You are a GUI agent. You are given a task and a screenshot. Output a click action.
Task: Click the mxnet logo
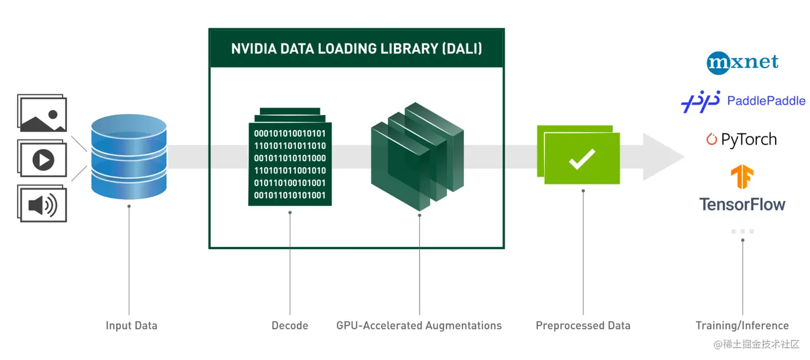pyautogui.click(x=742, y=62)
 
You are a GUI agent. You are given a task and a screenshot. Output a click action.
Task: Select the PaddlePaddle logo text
pyautogui.click(x=766, y=101)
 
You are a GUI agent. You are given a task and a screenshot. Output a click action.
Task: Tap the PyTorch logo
pyautogui.click(x=741, y=139)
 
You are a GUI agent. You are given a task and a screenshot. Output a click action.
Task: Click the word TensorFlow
pyautogui.click(x=742, y=204)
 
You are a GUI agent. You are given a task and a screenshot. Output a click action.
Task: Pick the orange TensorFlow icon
pyautogui.click(x=742, y=177)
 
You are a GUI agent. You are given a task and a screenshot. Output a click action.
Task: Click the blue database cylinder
pyautogui.click(x=129, y=156)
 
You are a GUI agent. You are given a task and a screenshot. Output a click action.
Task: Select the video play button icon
pyautogui.click(x=43, y=160)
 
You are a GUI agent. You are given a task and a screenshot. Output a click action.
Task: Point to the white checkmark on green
pyautogui.click(x=582, y=159)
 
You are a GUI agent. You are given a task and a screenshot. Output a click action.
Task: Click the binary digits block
pyautogui.click(x=290, y=164)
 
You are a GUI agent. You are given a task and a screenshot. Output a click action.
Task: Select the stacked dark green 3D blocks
pyautogui.click(x=417, y=156)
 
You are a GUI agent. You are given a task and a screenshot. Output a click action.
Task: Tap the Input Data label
pyautogui.click(x=131, y=325)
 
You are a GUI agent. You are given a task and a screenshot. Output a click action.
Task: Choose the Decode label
pyautogui.click(x=290, y=325)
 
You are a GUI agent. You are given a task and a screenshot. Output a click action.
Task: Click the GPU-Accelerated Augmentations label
pyautogui.click(x=419, y=325)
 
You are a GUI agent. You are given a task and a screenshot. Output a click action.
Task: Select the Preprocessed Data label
pyautogui.click(x=583, y=325)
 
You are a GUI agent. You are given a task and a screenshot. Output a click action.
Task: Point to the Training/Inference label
pyautogui.click(x=742, y=325)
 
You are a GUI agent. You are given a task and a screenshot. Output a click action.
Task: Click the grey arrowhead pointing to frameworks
pyautogui.click(x=662, y=157)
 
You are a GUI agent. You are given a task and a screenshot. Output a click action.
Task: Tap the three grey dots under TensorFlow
pyautogui.click(x=742, y=231)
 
